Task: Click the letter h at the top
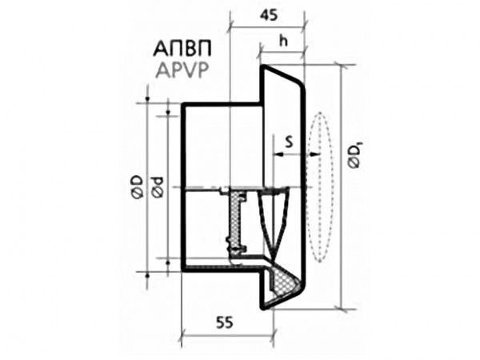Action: pos(283,40)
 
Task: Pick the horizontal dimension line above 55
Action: pos(228,334)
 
